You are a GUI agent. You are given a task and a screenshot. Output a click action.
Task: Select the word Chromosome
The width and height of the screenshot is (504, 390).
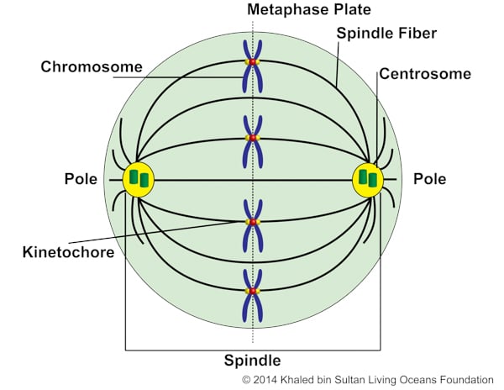tap(92, 66)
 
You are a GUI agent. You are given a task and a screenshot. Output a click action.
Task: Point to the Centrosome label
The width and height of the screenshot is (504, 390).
tap(423, 73)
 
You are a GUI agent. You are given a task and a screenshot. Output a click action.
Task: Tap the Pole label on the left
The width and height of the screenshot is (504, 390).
tap(81, 179)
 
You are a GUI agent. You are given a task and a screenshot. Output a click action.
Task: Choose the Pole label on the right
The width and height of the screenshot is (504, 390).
tap(429, 179)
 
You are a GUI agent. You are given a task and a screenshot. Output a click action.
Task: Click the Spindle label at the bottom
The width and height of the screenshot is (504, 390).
tap(252, 361)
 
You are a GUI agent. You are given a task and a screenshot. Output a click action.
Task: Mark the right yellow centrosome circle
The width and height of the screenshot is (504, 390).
tap(367, 179)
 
